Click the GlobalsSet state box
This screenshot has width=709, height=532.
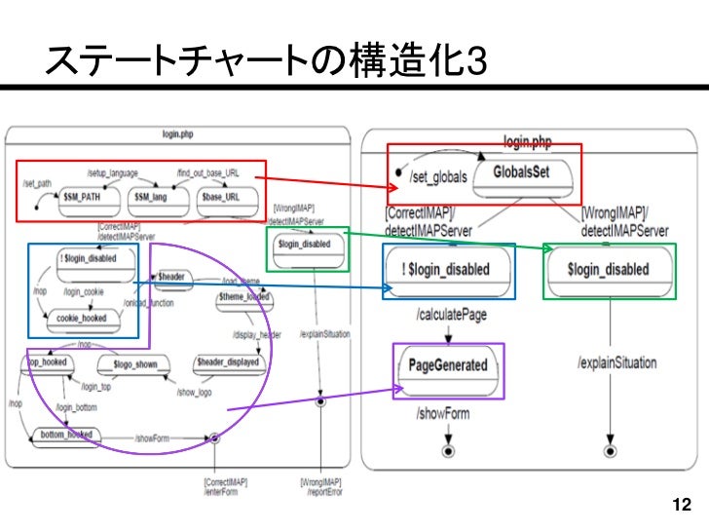(525, 173)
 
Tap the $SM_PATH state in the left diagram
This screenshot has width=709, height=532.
(84, 197)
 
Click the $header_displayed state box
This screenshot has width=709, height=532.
(228, 361)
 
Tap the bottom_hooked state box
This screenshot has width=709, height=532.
(66, 434)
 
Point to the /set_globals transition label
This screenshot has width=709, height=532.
(438, 177)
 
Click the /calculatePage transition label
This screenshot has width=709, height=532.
(451, 316)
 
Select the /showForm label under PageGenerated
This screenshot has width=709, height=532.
(443, 414)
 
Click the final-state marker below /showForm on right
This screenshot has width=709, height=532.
(447, 453)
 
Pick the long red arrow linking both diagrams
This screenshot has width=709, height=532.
(321, 183)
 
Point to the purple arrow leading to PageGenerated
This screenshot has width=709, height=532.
(312, 399)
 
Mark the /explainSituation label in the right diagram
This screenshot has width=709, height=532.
(616, 362)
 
